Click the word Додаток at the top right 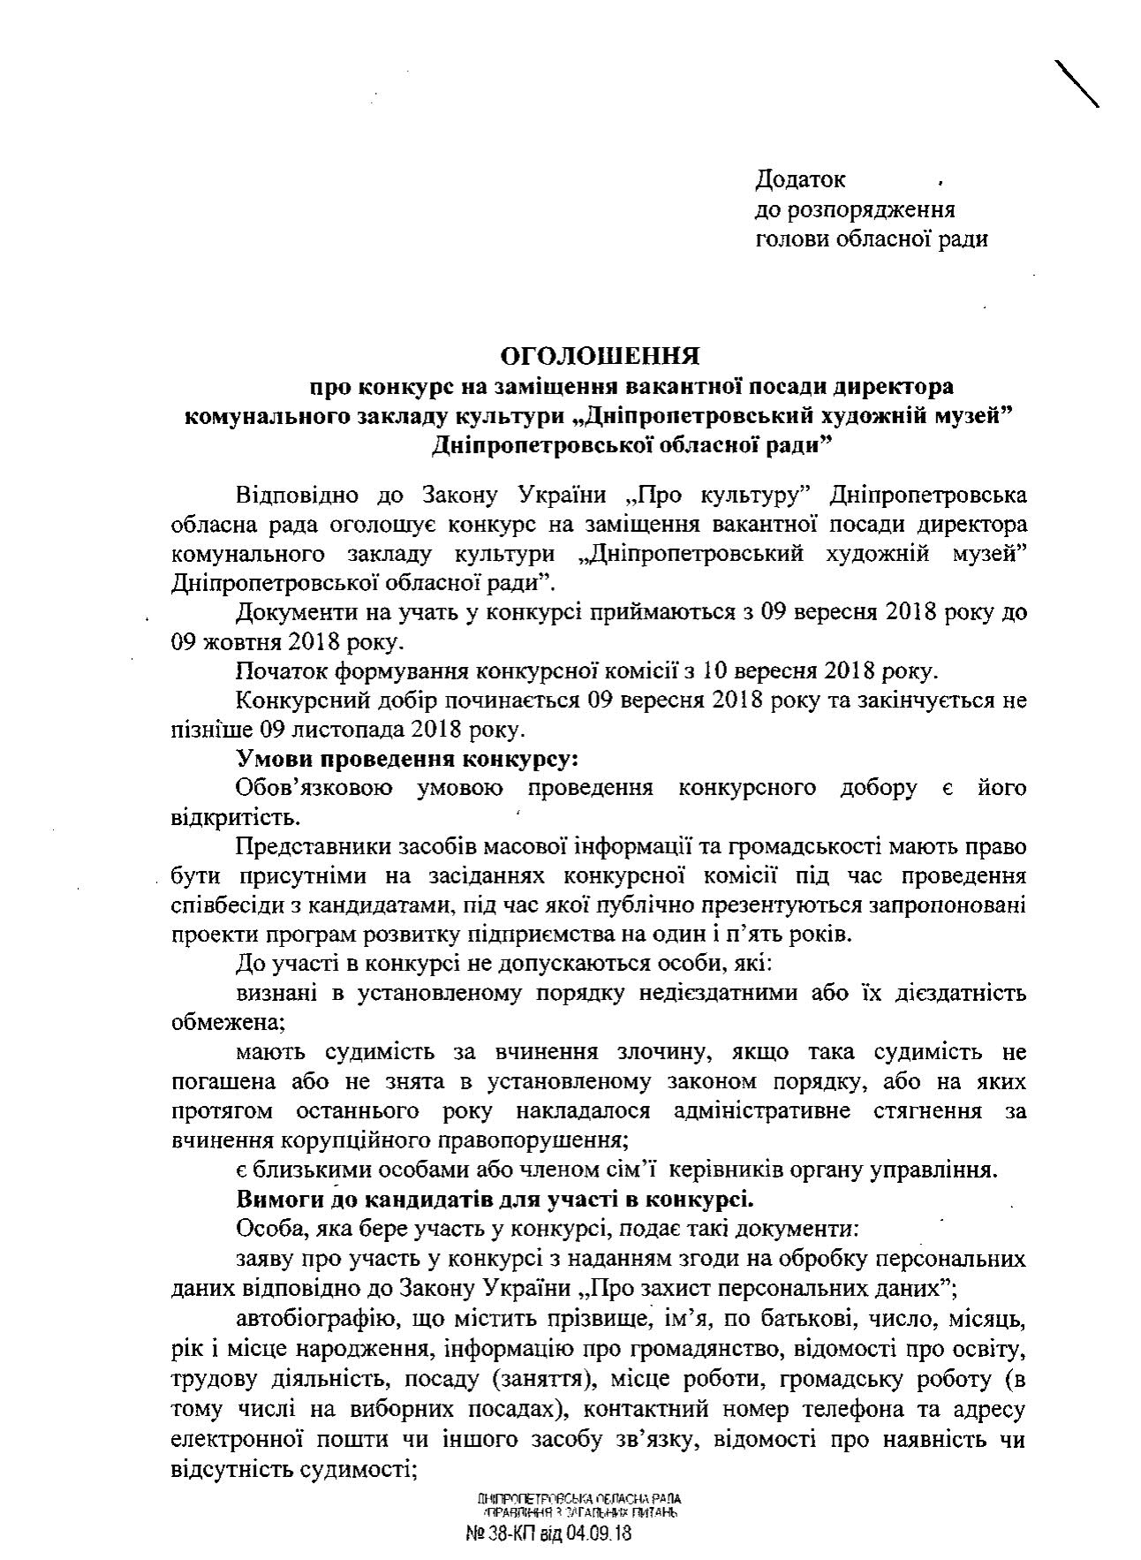tap(800, 179)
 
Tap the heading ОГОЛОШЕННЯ tap(600, 356)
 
